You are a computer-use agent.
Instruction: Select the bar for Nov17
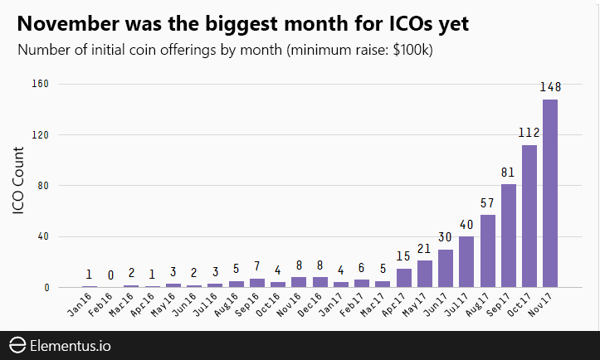550,193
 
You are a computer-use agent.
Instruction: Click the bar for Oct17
529,216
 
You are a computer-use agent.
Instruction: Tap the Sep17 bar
509,236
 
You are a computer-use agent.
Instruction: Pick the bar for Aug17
488,251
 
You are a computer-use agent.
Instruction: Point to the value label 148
550,88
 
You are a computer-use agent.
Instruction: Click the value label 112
529,133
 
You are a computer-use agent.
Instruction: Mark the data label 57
488,203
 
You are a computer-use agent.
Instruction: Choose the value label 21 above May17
425,249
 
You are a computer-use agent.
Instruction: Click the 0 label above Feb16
110,275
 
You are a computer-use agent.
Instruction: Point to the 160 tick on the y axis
41,84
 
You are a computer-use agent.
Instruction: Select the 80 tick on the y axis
44,186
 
